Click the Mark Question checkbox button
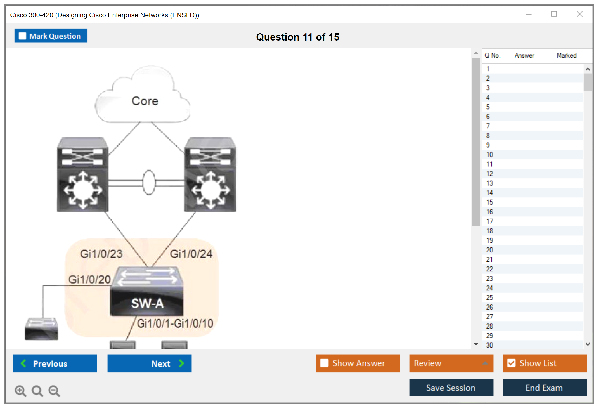point(51,36)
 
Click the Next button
point(149,363)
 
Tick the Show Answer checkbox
point(324,363)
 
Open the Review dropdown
point(451,363)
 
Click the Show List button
point(545,363)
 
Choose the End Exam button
point(544,388)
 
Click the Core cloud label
point(145,101)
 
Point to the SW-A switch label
point(147,303)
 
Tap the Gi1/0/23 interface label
point(101,254)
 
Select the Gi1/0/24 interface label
point(191,254)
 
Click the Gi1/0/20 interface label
point(89,279)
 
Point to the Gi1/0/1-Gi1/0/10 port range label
point(175,323)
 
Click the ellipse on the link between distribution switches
point(149,182)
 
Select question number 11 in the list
point(489,164)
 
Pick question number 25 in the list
point(489,297)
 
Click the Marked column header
point(566,55)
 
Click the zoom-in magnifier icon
point(20,391)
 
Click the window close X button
point(579,14)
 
